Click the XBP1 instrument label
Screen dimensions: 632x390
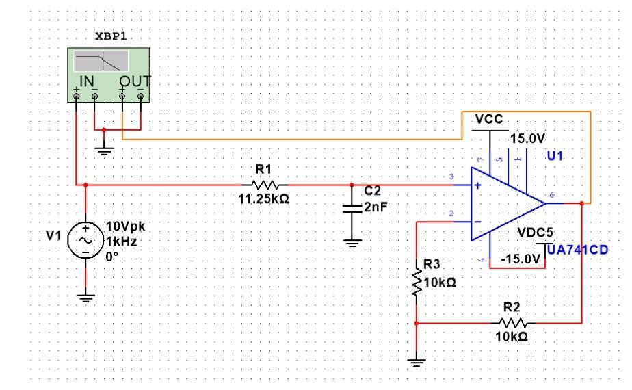[111, 36]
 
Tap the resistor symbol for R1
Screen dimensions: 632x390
[265, 185]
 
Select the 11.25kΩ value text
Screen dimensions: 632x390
[263, 199]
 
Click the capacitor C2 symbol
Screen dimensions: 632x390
[352, 209]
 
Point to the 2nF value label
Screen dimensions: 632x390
[376, 207]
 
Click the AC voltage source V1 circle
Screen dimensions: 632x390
[85, 240]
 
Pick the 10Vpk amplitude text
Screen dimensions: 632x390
[125, 226]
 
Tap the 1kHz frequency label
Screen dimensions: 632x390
[121, 242]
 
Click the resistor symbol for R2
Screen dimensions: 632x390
[513, 323]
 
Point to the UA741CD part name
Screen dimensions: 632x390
[577, 250]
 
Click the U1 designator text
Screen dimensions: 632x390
[555, 156]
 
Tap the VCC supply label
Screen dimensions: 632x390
[489, 119]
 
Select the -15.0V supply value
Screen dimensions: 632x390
[521, 259]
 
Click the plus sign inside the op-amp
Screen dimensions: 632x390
[477, 185]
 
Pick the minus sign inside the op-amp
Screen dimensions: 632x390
[477, 222]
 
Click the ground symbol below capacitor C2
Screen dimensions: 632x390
[352, 243]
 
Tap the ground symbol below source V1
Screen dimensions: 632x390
[85, 298]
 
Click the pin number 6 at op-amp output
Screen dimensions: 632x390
[552, 195]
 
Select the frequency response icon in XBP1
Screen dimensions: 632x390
[101, 61]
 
